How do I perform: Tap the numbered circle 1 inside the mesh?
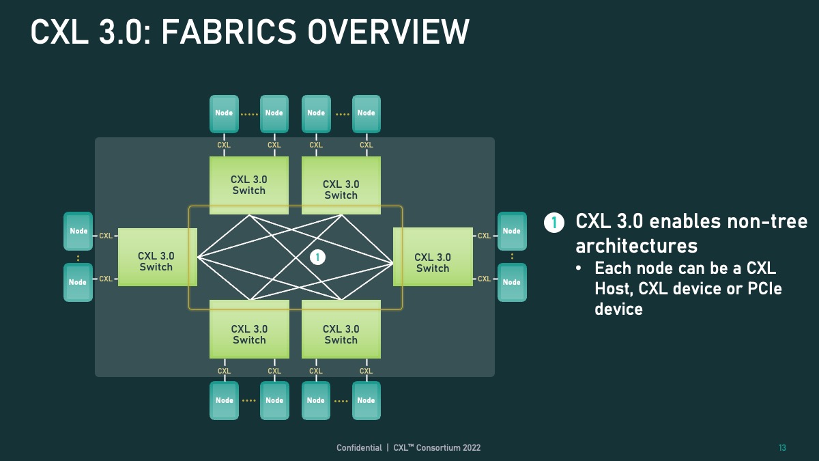[317, 257]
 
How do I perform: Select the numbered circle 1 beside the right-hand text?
[554, 223]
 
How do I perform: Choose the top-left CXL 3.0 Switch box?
[248, 185]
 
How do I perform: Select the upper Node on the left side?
[78, 232]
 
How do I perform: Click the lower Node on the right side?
[512, 282]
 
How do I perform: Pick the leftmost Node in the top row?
[224, 113]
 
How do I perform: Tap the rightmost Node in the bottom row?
[366, 400]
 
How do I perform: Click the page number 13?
[782, 448]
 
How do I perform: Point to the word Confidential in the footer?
[359, 448]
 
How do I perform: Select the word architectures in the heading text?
[637, 245]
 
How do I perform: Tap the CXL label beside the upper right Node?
[484, 236]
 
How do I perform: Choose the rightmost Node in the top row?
[366, 113]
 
